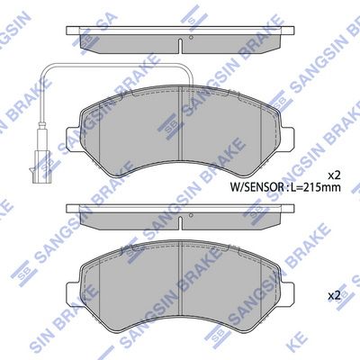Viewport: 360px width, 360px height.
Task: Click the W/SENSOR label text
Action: (256, 187)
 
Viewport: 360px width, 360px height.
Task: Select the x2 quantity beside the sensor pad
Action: (334, 175)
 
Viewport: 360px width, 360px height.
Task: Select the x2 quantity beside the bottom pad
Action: (334, 296)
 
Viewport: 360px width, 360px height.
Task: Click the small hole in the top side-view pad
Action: (191, 37)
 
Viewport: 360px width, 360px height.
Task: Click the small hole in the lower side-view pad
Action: (191, 215)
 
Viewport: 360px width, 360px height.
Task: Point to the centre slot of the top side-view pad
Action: (180, 46)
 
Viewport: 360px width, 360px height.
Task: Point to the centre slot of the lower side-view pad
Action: (180, 224)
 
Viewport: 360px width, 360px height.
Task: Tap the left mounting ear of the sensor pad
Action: (71, 138)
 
